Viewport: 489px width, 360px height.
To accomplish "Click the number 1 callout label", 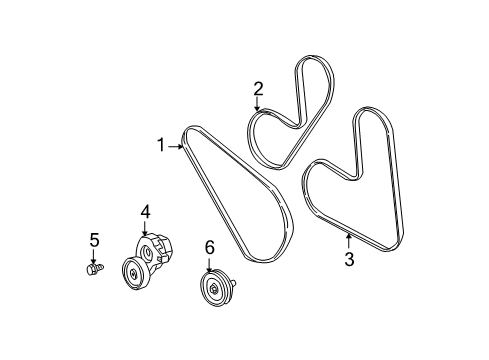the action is tap(160, 146).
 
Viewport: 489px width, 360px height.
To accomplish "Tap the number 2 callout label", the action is tap(258, 88).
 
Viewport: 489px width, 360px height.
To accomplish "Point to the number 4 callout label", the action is tap(145, 211).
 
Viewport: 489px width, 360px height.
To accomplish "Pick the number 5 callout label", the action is tap(94, 240).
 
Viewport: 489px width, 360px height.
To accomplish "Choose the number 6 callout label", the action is tap(210, 246).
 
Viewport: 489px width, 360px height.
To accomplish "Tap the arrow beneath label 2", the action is tap(258, 104).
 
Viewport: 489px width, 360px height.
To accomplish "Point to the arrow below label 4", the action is tap(145, 228).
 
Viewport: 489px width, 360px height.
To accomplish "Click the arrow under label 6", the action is tap(210, 263).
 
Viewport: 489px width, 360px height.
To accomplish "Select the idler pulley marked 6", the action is tap(214, 290).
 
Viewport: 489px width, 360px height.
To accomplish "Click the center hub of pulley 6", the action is tap(213, 291).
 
